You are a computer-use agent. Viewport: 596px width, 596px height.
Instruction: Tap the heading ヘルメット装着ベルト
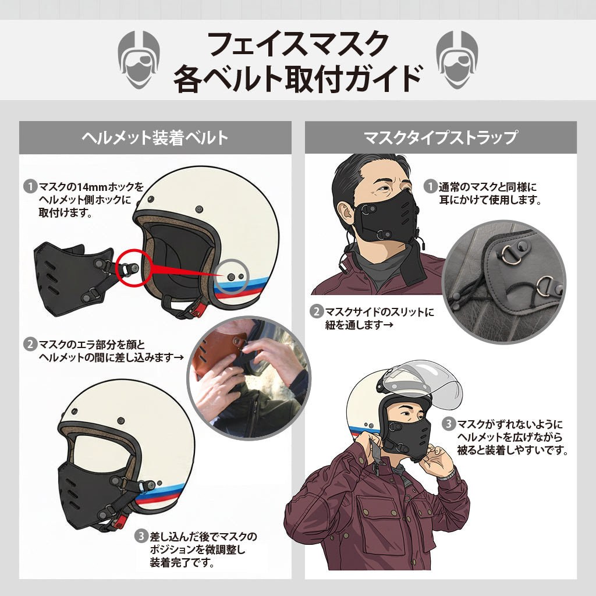pyautogui.click(x=155, y=138)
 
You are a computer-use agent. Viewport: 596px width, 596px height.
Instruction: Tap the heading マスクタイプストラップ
pyautogui.click(x=441, y=138)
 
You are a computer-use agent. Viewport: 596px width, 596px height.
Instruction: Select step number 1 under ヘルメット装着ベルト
pyautogui.click(x=30, y=187)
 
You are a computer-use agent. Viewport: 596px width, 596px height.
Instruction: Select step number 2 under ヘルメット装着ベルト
pyautogui.click(x=30, y=343)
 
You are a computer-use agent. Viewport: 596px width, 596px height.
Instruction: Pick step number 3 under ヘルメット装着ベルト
pyautogui.click(x=141, y=536)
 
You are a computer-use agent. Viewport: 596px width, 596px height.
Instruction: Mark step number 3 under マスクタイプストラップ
pyautogui.click(x=448, y=424)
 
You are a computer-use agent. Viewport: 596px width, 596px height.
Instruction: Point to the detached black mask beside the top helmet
pyautogui.click(x=73, y=276)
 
